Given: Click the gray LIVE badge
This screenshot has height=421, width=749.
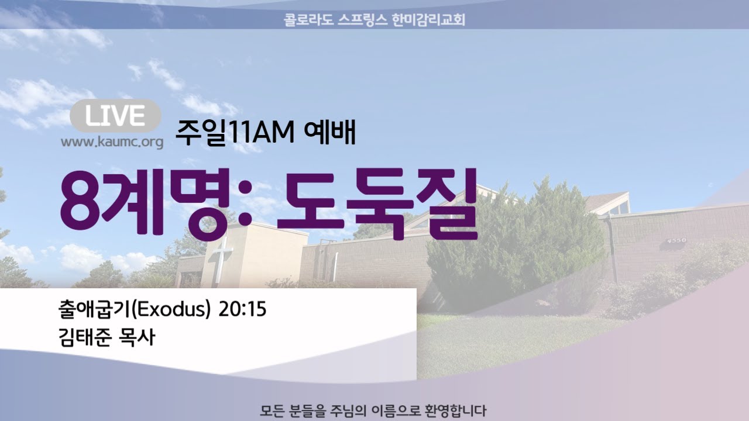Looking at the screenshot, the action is pos(115,116).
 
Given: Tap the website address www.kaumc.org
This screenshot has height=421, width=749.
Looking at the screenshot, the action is pos(112,142).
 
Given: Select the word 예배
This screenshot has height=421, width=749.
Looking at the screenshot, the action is pos(329,133).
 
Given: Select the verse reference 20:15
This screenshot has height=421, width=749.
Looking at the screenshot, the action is pos(242,309).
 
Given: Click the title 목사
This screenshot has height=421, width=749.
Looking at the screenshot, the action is pos(136,337).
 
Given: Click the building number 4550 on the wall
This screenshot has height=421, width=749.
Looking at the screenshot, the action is pos(677,240).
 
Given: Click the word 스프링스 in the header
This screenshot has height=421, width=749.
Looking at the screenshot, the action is pos(363,20).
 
